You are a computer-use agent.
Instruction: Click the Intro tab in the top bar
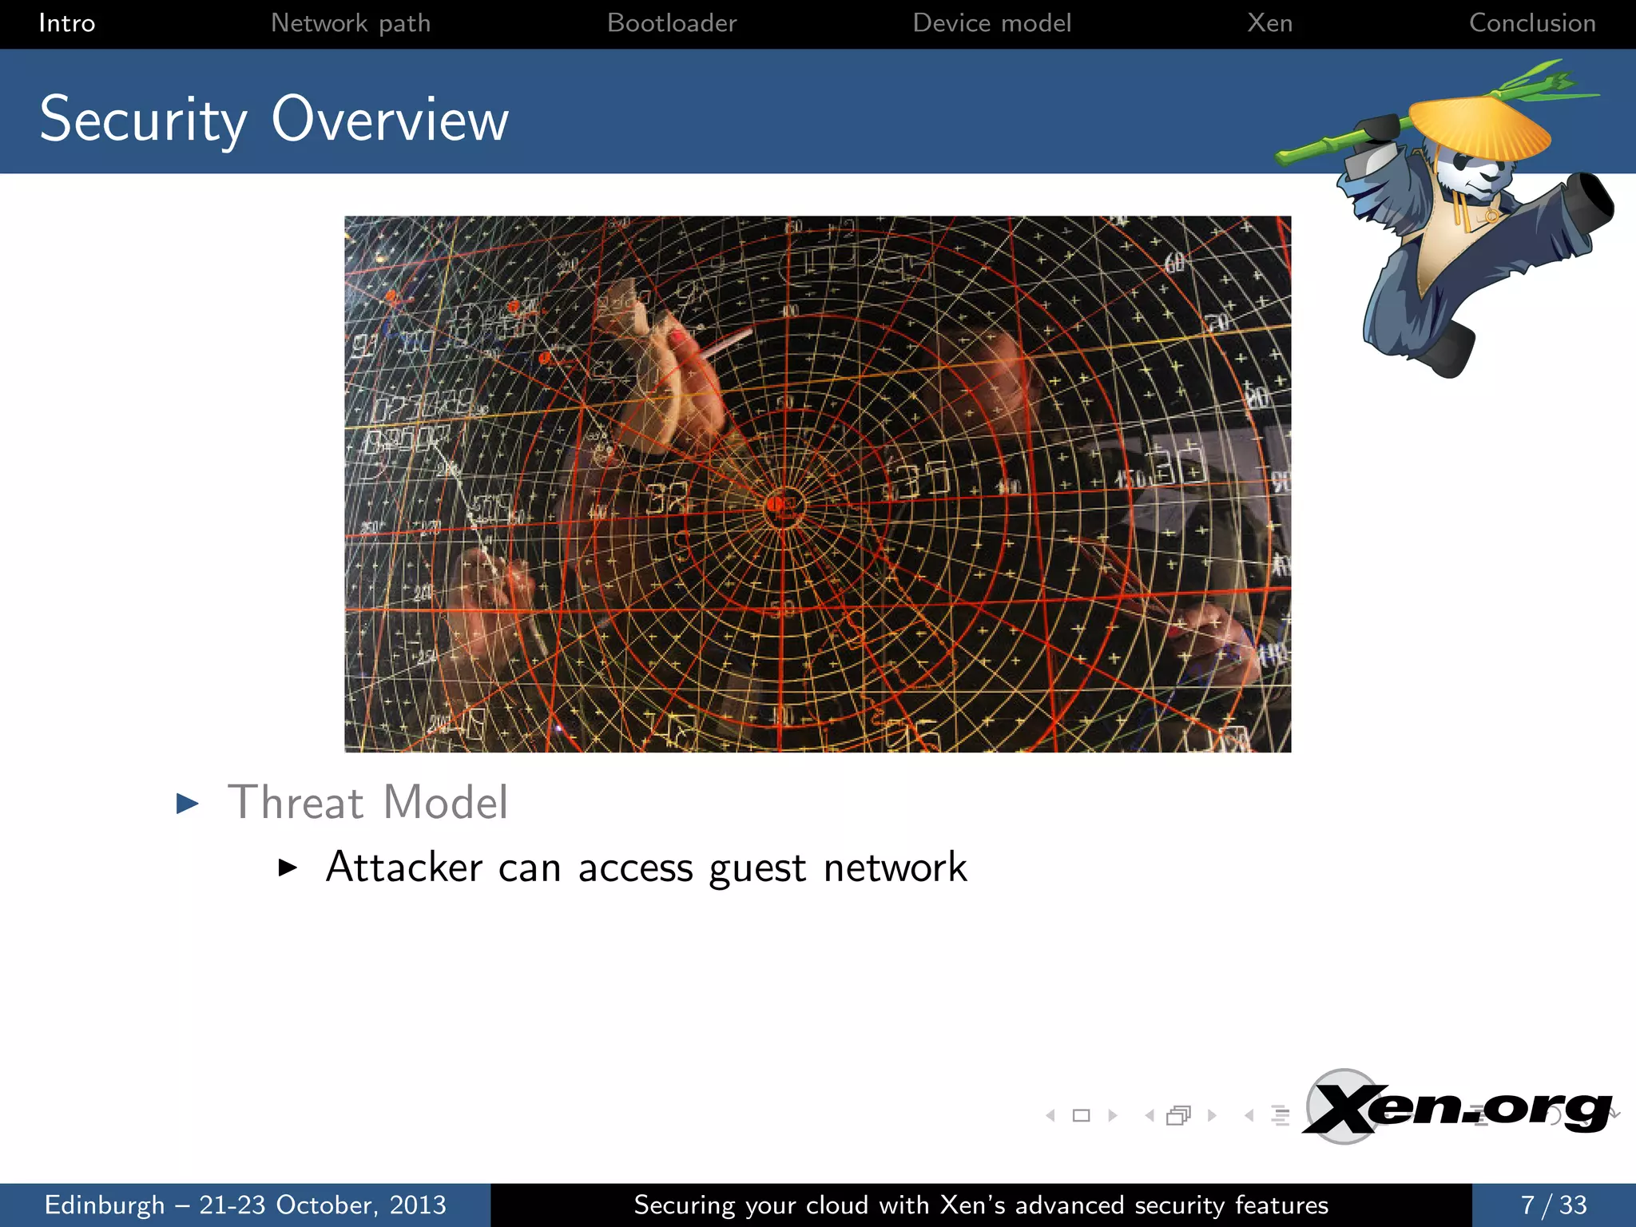pos(66,23)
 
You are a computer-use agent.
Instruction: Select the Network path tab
pos(351,23)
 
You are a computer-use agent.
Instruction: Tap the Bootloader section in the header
pos(672,23)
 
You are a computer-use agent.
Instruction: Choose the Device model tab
pos(991,23)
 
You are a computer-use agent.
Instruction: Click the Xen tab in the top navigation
pos(1269,23)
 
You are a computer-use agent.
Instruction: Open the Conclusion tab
pos(1532,23)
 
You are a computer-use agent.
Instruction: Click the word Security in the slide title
pos(143,120)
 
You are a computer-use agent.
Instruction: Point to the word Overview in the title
pos(390,120)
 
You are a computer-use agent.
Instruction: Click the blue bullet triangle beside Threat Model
pos(187,803)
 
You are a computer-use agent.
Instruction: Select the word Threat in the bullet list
pos(296,802)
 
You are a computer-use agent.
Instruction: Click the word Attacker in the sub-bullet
pos(404,867)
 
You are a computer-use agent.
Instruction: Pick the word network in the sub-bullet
pos(895,868)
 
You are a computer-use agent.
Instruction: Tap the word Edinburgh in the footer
pos(105,1205)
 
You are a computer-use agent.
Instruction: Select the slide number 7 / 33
pos(1553,1205)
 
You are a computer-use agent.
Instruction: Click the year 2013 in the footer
pos(417,1205)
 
